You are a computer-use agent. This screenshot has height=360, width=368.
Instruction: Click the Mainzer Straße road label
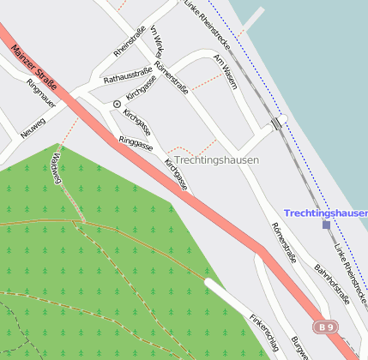[x=35, y=64]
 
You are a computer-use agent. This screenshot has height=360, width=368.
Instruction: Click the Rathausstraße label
[x=128, y=76]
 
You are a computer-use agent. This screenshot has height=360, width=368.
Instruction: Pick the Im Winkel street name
[x=156, y=40]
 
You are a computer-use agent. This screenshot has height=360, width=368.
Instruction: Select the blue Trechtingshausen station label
[x=325, y=213]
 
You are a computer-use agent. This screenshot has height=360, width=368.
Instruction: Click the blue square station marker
[x=326, y=225]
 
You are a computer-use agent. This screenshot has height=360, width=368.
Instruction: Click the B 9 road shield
[x=324, y=327]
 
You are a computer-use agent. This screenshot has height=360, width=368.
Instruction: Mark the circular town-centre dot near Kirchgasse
[x=117, y=104]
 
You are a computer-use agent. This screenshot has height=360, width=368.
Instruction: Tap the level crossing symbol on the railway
[x=276, y=123]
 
